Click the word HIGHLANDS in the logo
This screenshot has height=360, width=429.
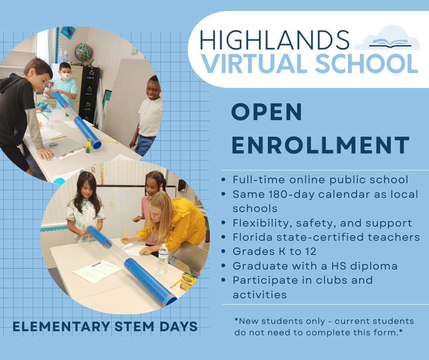pos(274,41)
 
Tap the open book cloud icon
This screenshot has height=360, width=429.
pos(387,39)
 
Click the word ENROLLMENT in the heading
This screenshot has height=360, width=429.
pos(320,145)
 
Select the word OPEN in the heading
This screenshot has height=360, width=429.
pos(267,112)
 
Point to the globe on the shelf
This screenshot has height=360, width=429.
pos(84,52)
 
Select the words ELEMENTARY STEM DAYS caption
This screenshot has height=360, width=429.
pos(105,327)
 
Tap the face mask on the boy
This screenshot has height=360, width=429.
pos(66,77)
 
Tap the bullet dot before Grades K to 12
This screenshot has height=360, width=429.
pos(223,251)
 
